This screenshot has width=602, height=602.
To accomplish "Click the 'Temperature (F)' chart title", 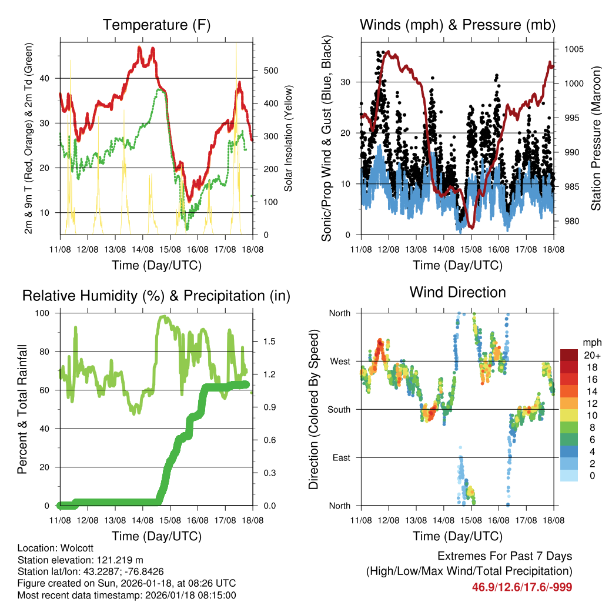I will [x=156, y=25].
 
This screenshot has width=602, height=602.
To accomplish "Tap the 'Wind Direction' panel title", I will [x=457, y=292].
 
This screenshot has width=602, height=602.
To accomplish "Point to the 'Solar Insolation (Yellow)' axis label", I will [x=289, y=139].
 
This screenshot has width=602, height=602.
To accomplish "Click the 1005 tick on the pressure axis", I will [x=573, y=49].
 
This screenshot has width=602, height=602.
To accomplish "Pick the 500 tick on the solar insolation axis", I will [x=270, y=71].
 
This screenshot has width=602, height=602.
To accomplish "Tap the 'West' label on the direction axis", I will [x=340, y=361].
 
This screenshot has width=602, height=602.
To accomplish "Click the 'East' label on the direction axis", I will [x=341, y=457].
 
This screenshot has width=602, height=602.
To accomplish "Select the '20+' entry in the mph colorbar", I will [x=591, y=355].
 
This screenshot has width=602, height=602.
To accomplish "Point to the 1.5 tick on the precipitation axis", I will [x=270, y=341].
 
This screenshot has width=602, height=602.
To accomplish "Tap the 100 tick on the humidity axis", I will [x=42, y=313].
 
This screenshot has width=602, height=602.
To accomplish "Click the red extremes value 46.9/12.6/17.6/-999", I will [x=522, y=587].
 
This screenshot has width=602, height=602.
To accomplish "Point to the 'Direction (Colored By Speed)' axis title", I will [x=313, y=409].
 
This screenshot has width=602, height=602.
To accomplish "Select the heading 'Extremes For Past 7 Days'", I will [x=504, y=556].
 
